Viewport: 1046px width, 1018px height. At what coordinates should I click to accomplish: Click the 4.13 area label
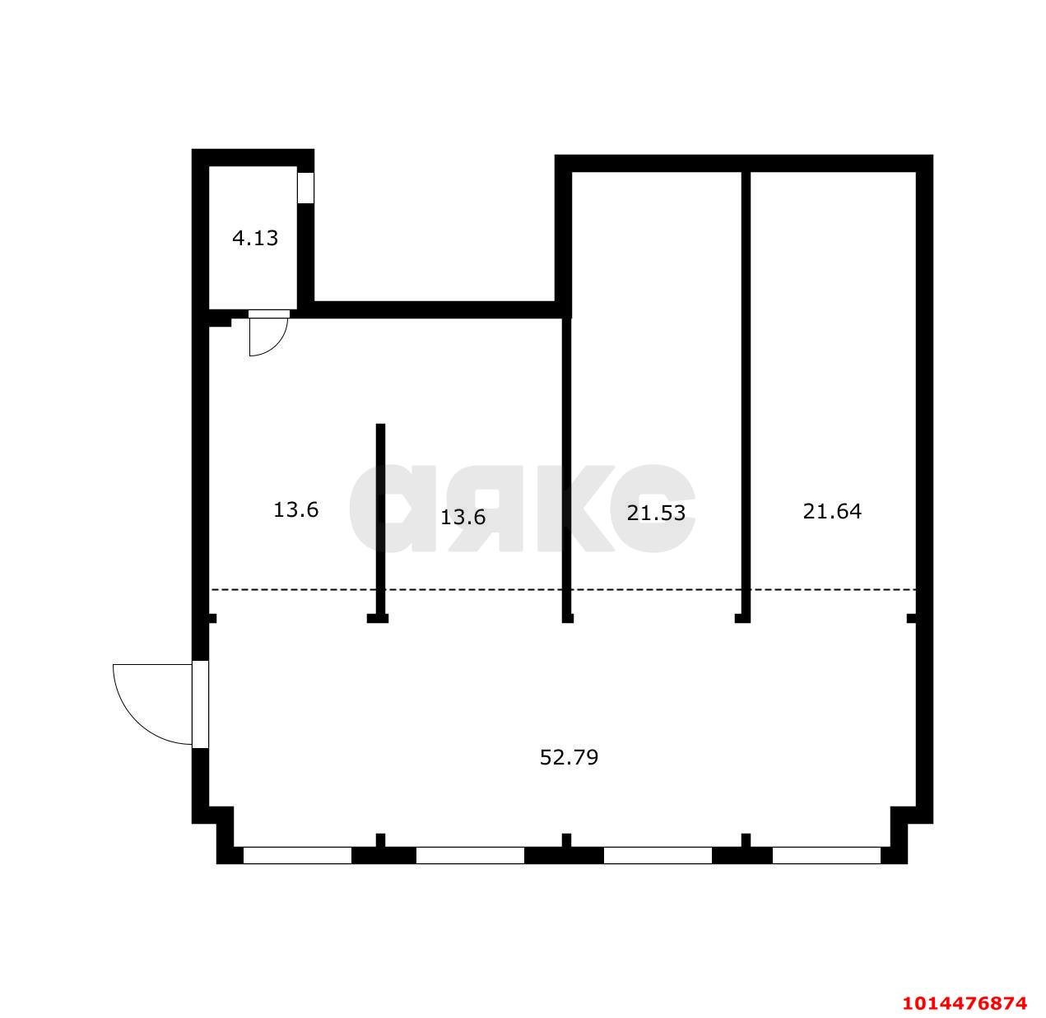(x=255, y=239)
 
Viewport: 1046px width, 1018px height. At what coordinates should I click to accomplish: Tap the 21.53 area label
(x=656, y=513)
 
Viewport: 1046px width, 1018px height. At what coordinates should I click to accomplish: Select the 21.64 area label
(x=832, y=511)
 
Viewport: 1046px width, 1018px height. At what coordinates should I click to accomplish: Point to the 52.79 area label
(x=569, y=757)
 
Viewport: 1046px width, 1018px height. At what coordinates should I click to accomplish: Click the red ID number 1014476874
(x=965, y=1003)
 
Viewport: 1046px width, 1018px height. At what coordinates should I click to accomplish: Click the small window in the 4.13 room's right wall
(x=305, y=188)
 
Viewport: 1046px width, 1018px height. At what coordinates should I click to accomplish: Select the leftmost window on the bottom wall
(x=297, y=856)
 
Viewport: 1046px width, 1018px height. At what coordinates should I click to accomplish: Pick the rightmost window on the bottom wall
(x=826, y=856)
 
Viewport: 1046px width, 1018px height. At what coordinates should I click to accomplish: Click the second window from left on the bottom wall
(x=470, y=856)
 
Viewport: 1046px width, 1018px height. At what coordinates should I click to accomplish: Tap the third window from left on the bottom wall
(x=658, y=856)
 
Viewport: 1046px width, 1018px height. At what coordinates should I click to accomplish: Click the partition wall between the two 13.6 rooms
(x=380, y=518)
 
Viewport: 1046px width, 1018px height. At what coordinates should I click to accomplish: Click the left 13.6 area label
(x=296, y=510)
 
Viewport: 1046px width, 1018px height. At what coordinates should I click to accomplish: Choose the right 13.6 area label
(x=463, y=518)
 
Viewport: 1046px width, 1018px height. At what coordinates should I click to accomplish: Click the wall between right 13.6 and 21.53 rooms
(x=566, y=461)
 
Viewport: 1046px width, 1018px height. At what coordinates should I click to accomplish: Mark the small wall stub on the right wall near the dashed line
(x=911, y=618)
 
